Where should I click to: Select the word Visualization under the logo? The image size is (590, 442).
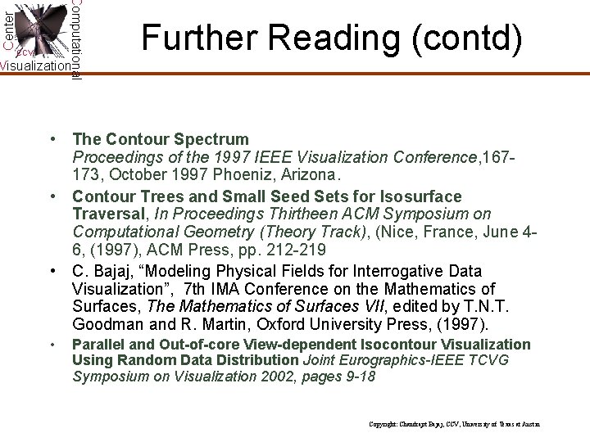tap(34, 65)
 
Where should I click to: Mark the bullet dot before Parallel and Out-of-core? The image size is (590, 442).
tap(52, 345)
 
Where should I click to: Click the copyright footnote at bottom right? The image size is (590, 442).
tap(455, 424)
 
